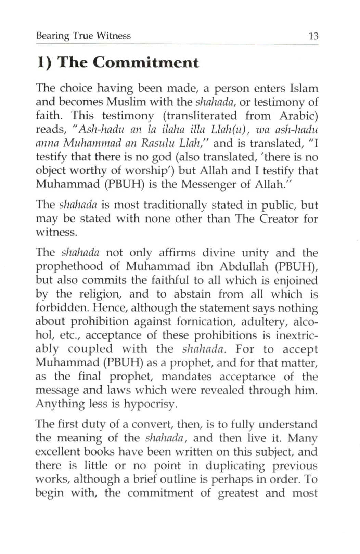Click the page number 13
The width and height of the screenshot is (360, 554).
313,36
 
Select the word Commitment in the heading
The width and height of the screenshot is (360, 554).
145,63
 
